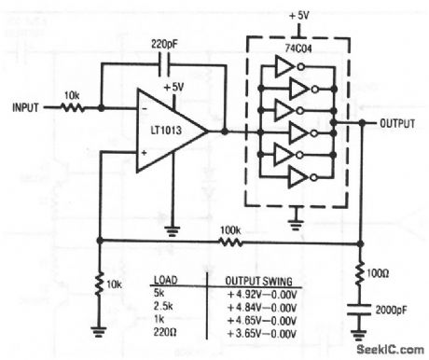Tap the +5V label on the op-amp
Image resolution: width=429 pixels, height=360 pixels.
tap(173, 87)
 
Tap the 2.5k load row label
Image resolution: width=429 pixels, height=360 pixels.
tap(164, 305)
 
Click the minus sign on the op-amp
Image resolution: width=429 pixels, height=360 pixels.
tap(145, 107)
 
